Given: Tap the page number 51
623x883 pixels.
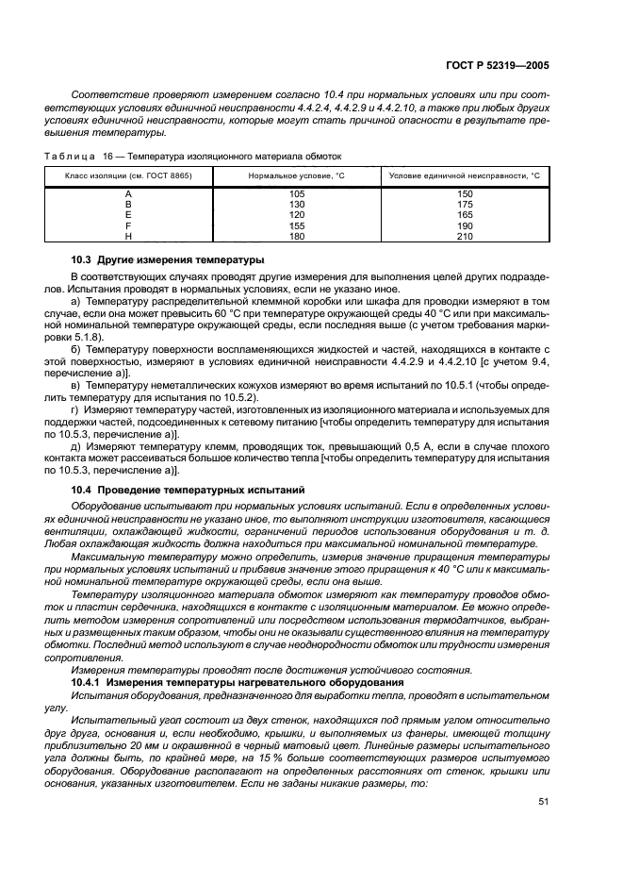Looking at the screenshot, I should (544, 803).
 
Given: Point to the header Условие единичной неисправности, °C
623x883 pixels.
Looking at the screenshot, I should (464, 175).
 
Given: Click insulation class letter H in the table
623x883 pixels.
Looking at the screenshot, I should (127, 236).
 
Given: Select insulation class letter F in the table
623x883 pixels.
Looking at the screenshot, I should (127, 226).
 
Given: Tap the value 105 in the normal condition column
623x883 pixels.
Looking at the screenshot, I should (297, 193).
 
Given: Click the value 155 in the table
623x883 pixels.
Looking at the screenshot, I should (297, 226).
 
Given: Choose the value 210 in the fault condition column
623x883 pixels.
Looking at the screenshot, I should (465, 236).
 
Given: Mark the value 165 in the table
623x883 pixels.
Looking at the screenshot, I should (465, 215).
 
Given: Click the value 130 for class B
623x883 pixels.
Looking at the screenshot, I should (297, 204).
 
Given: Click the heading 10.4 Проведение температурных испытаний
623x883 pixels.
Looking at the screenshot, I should (188, 490).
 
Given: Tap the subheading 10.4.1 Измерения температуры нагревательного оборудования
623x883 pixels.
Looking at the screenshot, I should (238, 681).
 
